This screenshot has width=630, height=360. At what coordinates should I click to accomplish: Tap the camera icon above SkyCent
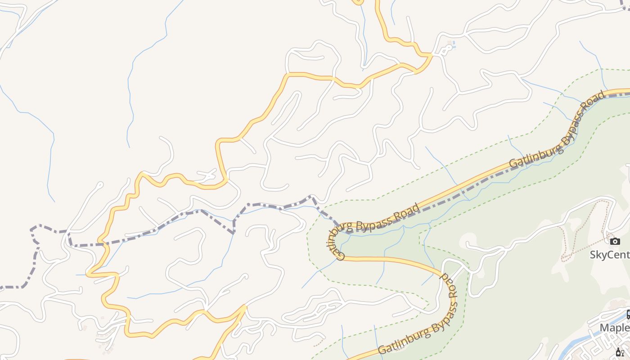(615, 242)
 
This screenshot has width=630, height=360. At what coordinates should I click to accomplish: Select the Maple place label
(615, 327)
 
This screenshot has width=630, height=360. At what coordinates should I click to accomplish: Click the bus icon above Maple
(628, 314)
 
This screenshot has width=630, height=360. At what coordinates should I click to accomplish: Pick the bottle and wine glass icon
(620, 352)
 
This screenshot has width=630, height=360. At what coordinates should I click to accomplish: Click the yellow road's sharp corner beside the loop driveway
(431, 55)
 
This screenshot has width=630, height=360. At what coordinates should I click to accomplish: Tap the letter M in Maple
(604, 327)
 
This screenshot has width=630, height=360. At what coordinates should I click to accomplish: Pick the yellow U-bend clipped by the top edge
(358, 3)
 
